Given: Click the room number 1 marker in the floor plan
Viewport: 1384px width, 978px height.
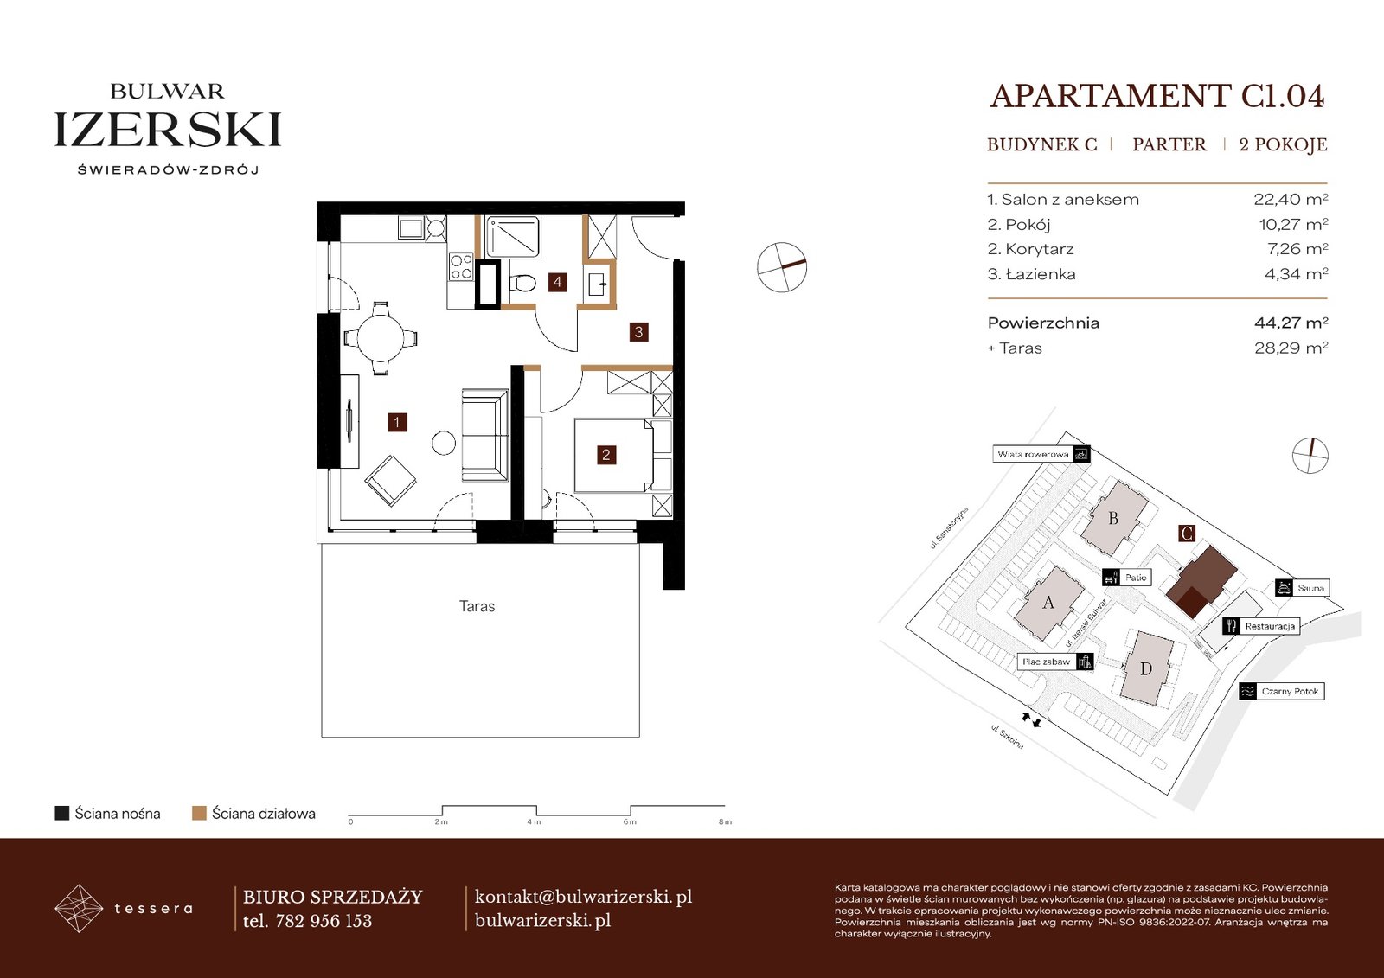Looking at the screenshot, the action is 397,423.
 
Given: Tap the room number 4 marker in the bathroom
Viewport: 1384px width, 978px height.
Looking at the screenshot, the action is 557,283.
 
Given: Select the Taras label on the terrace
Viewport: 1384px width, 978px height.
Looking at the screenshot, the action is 477,606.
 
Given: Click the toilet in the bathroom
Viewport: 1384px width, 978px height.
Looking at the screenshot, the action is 522,283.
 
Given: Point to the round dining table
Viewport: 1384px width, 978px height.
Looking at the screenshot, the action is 381,339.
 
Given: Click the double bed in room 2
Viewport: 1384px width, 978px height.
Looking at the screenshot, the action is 614,456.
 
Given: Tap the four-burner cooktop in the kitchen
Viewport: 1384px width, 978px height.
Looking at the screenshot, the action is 461,267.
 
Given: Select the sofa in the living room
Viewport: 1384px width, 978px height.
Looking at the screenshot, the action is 485,435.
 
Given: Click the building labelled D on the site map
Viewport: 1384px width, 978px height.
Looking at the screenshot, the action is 1146,668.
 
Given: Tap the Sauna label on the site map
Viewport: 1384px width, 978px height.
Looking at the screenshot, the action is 1310,587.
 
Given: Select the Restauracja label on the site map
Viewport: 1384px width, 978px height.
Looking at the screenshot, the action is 1270,626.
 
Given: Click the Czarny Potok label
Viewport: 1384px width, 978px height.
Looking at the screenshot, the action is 1290,691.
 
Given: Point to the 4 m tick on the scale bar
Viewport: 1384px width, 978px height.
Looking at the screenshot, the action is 535,821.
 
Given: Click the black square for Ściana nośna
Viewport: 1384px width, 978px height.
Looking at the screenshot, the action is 61,813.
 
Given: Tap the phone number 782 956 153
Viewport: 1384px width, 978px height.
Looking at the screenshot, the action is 324,921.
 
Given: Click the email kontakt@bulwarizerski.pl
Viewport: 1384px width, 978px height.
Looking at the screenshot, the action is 583,897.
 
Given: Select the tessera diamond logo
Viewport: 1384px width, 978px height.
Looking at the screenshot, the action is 79,908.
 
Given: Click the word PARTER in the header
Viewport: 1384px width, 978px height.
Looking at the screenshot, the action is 1169,144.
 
